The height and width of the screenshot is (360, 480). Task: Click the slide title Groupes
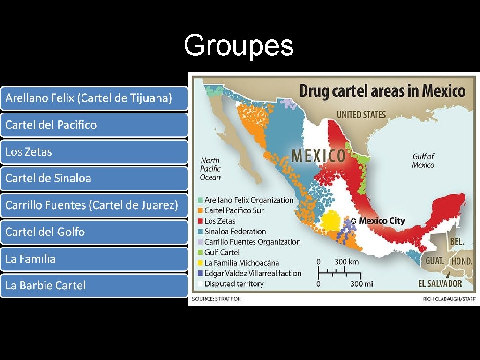click(239, 45)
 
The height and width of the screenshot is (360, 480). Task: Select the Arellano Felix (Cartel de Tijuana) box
click(94, 98)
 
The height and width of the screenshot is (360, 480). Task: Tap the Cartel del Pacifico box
click(94, 125)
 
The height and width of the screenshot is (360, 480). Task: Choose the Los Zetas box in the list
click(94, 151)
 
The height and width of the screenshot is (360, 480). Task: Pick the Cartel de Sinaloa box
click(94, 178)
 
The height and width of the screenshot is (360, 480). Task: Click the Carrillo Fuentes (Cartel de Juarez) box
click(94, 205)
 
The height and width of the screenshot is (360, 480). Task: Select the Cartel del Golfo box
click(94, 232)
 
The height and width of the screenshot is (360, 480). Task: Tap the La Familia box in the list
click(94, 258)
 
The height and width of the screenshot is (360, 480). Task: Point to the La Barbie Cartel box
click(94, 285)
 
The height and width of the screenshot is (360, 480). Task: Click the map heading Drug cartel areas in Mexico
click(382, 90)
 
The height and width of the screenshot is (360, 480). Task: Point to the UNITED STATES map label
click(361, 114)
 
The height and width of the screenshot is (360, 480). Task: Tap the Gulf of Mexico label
click(423, 161)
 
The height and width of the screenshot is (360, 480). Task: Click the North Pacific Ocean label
click(210, 169)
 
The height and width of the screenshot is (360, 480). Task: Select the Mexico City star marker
click(353, 221)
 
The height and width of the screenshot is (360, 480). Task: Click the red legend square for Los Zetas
click(200, 221)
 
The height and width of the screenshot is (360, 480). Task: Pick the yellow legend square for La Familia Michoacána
click(200, 262)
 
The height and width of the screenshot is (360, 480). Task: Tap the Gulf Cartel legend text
click(222, 252)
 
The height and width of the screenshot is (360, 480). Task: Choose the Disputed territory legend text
click(234, 284)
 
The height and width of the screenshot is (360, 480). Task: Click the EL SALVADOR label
click(440, 284)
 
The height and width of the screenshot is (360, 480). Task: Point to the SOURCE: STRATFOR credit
click(216, 299)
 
